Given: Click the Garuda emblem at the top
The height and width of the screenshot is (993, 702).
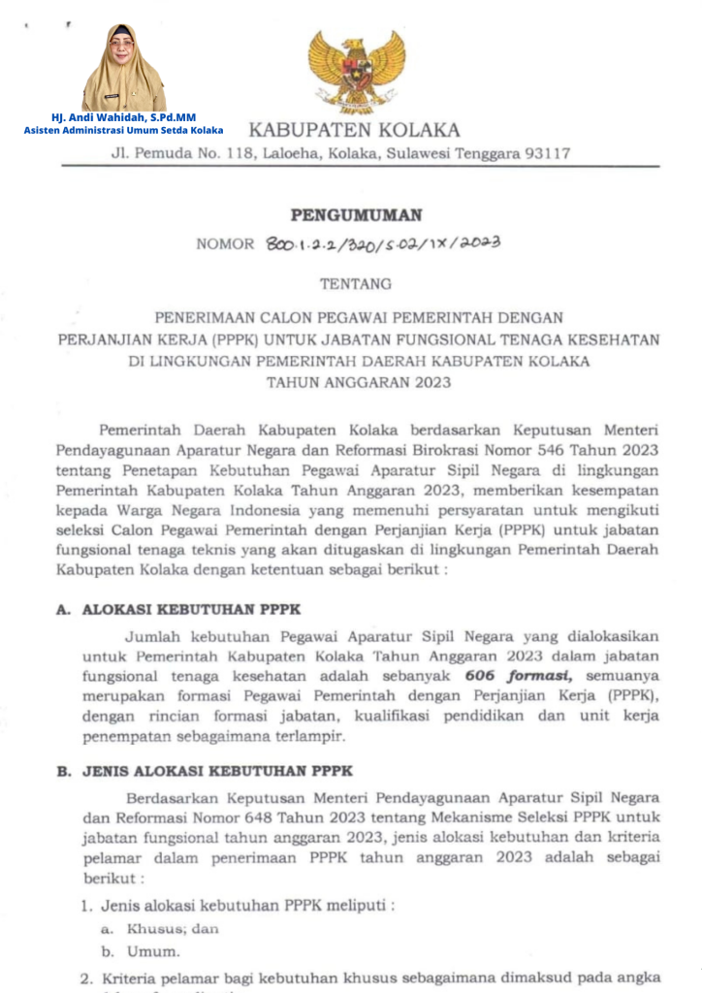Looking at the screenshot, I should [356, 70].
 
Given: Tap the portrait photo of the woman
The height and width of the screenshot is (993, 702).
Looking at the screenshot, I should [123, 68].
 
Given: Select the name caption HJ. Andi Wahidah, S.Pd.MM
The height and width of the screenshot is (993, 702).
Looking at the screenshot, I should [123, 117].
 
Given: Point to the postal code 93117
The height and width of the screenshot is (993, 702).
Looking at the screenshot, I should [548, 153].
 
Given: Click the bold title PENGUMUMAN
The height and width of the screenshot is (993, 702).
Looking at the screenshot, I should [356, 215].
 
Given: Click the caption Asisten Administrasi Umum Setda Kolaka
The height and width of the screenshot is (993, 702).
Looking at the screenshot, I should [123, 130].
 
